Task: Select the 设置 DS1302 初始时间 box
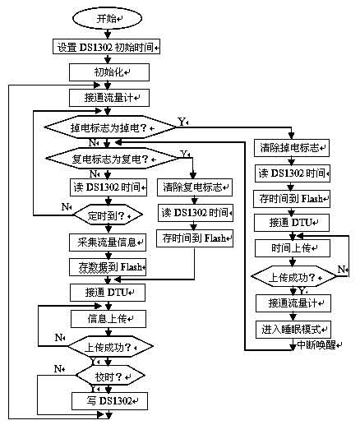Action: click(x=108, y=46)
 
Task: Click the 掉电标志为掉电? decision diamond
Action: click(x=108, y=127)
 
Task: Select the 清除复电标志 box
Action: click(x=194, y=186)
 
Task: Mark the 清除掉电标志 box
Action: click(x=292, y=150)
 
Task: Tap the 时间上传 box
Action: click(x=291, y=248)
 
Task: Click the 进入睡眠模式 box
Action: click(x=292, y=328)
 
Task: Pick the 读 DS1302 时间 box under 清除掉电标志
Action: click(x=292, y=174)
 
